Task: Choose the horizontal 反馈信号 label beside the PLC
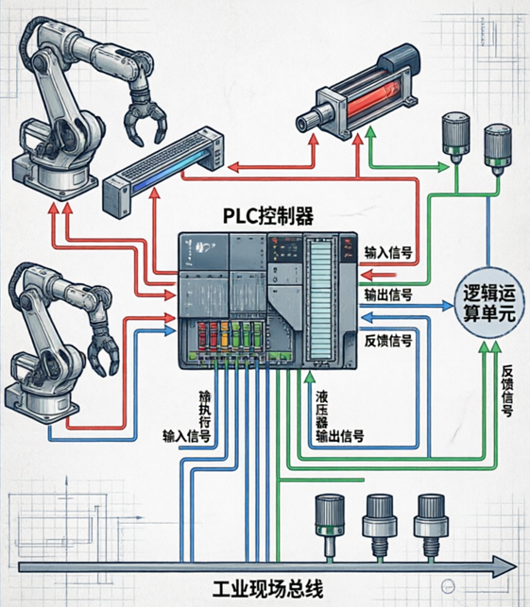tap(388, 340)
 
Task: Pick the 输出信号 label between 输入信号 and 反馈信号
tap(388, 295)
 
